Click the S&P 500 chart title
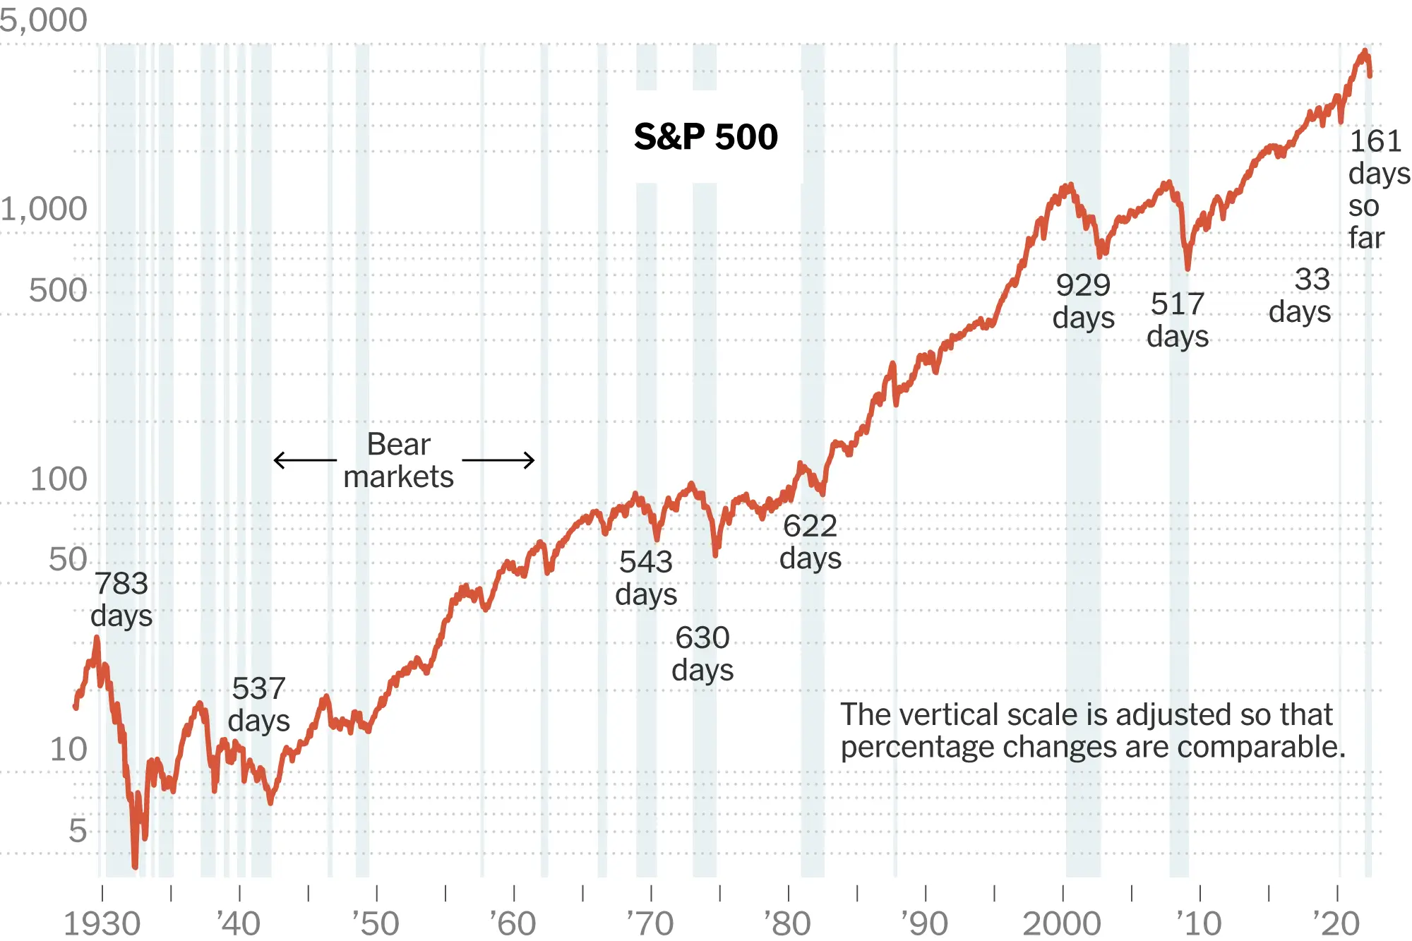point(706,136)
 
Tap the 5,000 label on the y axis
point(44,20)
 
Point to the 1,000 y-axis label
point(44,209)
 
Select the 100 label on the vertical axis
point(59,479)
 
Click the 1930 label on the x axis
point(102,923)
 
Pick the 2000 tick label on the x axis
point(1062,923)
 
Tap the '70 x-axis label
point(650,923)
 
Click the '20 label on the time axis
point(1336,923)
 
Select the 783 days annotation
point(121,599)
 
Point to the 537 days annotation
point(259,705)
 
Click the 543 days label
point(646,578)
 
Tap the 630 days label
point(702,654)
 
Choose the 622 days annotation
point(810,541)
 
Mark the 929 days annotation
point(1084,301)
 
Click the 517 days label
point(1178,320)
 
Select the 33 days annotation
point(1300,295)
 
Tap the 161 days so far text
point(1379,189)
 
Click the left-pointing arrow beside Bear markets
point(305,460)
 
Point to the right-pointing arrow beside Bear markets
point(498,460)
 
